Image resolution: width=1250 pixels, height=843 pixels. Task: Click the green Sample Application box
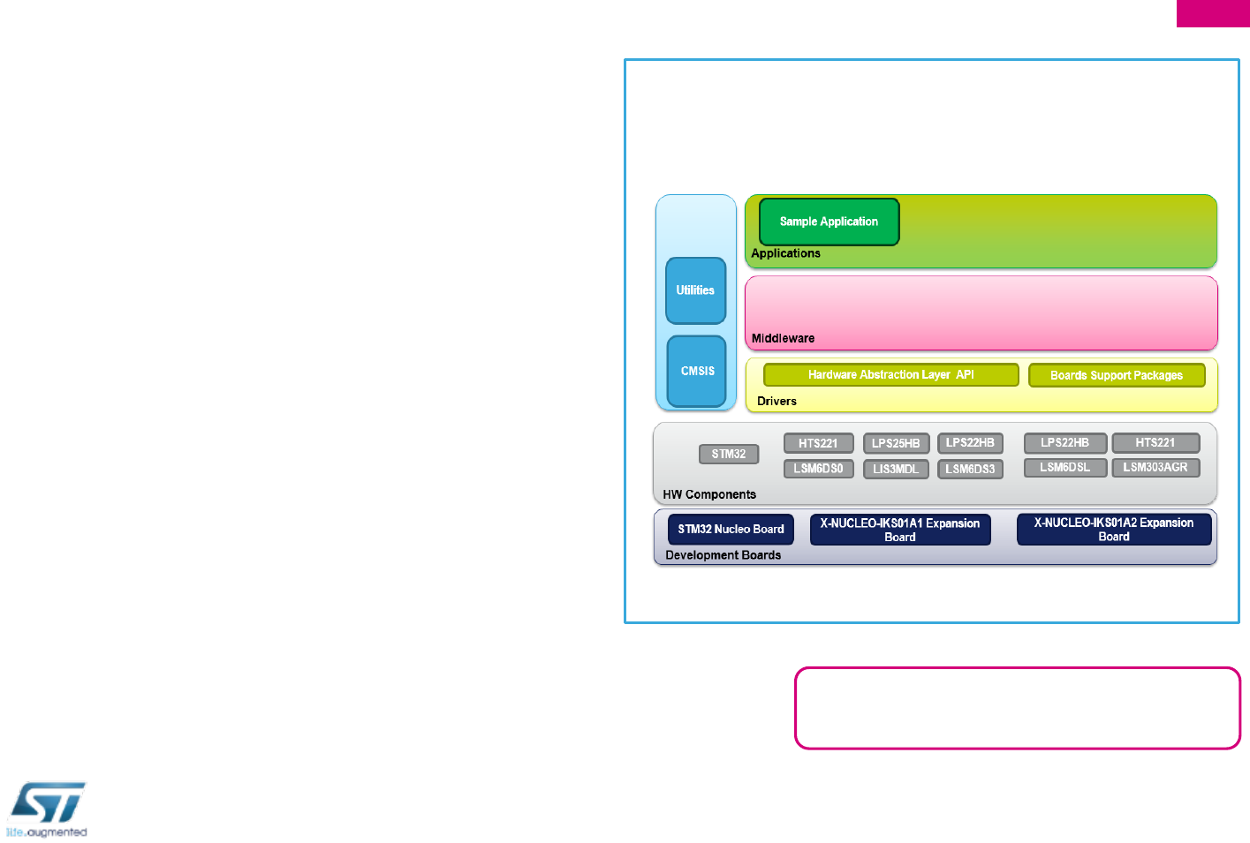click(829, 222)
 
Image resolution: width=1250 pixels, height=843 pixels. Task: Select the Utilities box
click(695, 290)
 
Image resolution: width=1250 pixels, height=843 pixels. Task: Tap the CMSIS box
click(697, 371)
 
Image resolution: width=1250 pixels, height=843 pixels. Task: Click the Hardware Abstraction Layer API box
click(890, 375)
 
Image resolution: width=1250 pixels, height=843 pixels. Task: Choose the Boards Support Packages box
click(1116, 375)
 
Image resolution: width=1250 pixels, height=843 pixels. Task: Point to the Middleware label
click(783, 338)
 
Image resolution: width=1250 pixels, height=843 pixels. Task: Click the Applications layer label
click(785, 253)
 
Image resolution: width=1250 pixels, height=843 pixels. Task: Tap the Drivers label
click(777, 401)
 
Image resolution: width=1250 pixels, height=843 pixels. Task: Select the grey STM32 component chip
click(729, 454)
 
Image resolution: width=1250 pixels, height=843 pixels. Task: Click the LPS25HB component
click(896, 443)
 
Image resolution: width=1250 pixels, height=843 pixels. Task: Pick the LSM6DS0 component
click(818, 469)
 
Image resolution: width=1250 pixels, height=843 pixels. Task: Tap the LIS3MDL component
click(896, 469)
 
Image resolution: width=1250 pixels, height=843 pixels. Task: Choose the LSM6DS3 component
click(970, 469)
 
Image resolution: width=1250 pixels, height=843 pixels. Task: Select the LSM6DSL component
click(1064, 467)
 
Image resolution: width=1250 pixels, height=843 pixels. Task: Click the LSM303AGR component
click(1155, 467)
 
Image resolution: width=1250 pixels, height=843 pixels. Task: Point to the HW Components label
click(709, 494)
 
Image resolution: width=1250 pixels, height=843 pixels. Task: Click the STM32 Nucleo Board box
click(731, 529)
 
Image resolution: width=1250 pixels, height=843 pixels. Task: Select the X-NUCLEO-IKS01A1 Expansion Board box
click(899, 530)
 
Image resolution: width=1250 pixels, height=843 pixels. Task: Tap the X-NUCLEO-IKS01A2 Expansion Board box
click(1113, 529)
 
